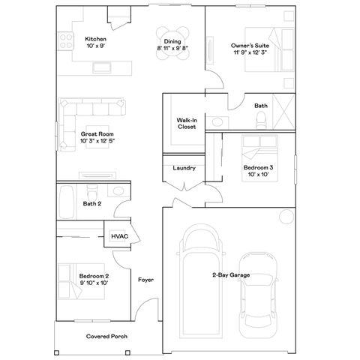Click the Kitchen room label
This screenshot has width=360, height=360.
pos(95,39)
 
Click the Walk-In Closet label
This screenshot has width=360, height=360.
pos(187,123)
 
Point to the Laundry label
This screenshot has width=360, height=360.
pos(184,168)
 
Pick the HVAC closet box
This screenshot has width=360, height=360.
pos(120,235)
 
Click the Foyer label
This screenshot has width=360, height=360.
pos(145,280)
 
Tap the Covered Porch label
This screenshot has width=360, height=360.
pos(106,337)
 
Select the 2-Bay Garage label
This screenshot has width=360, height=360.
pos(231,276)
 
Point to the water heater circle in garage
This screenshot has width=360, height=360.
pos(286,217)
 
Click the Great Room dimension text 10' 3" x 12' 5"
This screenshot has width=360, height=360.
pos(97,140)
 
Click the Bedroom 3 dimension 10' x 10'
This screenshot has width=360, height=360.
pos(257,175)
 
